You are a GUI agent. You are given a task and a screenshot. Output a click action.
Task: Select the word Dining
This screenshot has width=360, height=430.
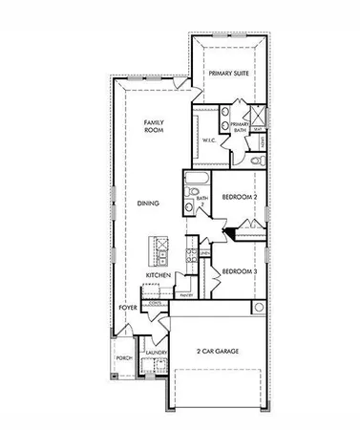[x=147, y=203]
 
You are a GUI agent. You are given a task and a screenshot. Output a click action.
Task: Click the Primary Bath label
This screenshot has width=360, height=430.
[x=239, y=127]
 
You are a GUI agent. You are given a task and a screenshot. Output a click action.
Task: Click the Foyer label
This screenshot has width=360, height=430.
[x=127, y=308]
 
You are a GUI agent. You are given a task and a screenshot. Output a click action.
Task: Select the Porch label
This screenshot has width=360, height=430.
[x=123, y=358]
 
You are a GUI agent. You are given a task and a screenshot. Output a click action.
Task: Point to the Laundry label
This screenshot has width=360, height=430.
[x=156, y=352]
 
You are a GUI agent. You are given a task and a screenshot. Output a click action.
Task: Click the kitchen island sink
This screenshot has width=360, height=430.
[x=156, y=245]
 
